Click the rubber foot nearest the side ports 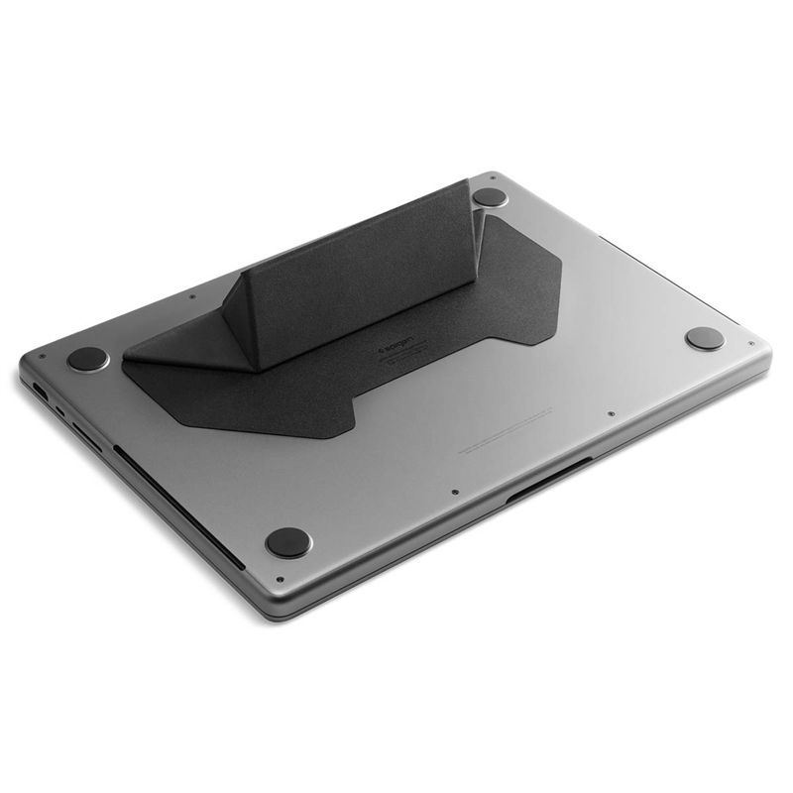(x=88, y=358)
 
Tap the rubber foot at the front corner (x=288, y=541)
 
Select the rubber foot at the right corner (x=705, y=338)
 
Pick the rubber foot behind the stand (x=490, y=196)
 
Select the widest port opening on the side (x=85, y=432)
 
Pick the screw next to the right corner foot (x=751, y=344)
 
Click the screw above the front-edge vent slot (x=453, y=492)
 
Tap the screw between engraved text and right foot (x=612, y=413)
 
